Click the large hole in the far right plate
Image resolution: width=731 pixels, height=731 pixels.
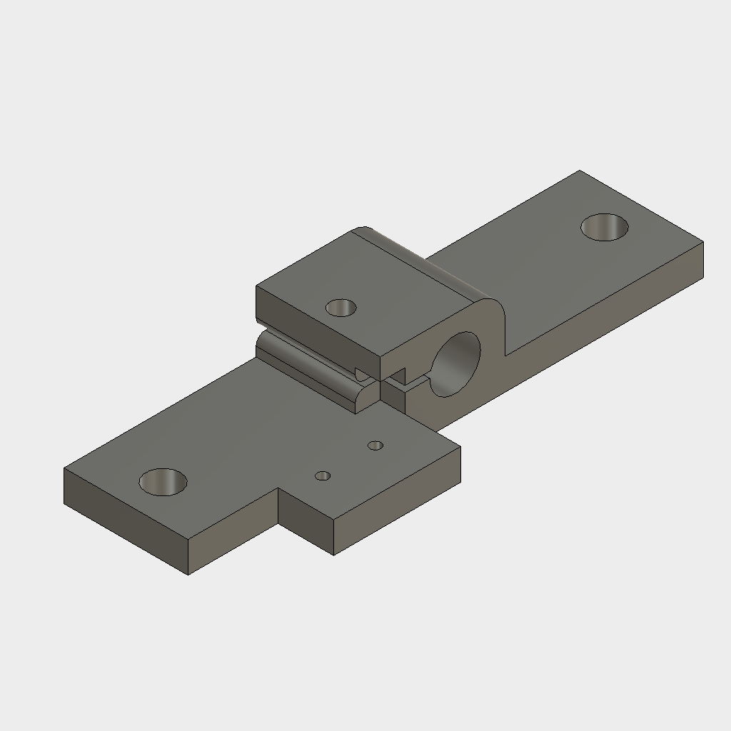click(x=605, y=227)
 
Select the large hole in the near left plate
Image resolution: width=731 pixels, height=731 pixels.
click(x=163, y=482)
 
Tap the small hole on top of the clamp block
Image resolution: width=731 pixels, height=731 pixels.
click(x=341, y=308)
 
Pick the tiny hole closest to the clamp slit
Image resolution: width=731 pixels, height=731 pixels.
click(x=375, y=445)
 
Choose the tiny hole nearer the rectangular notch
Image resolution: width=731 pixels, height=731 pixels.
click(x=323, y=475)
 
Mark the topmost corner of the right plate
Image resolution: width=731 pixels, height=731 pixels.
click(x=578, y=171)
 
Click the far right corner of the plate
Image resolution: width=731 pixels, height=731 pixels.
click(x=703, y=243)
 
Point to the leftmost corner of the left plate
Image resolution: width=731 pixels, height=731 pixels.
click(x=64, y=468)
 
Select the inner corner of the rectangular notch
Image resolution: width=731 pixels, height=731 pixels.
click(x=278, y=490)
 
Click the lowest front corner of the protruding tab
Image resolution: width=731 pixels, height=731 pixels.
click(x=334, y=555)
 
